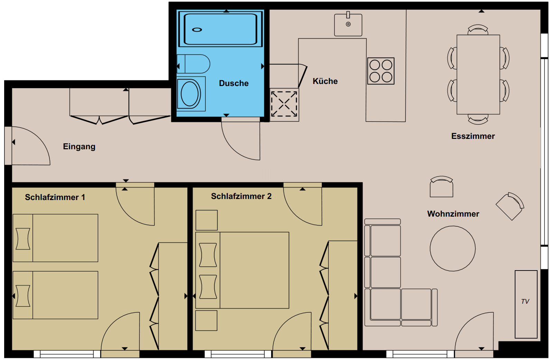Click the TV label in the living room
click(525, 301)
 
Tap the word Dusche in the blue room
click(234, 83)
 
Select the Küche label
click(325, 81)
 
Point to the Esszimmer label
click(473, 136)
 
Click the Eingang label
click(79, 146)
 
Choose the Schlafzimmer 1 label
click(55, 197)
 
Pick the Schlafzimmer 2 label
click(241, 196)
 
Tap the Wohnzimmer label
click(453, 214)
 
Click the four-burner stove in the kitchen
click(381, 71)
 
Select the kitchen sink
click(348, 25)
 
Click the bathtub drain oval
click(197, 30)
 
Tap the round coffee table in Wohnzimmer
click(453, 248)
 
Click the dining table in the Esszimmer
click(478, 74)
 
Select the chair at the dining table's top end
click(478, 30)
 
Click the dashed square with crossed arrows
click(284, 104)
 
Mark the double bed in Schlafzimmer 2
click(242, 270)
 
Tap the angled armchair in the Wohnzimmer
click(510, 206)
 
